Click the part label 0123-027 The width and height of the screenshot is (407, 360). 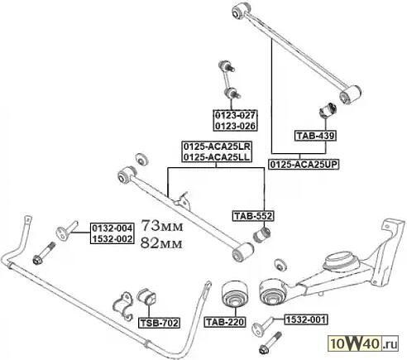(235, 115)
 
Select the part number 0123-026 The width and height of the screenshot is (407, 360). (235, 126)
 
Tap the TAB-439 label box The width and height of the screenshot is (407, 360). (315, 136)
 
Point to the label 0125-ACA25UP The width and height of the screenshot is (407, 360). (304, 165)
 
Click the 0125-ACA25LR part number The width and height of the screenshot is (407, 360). (217, 146)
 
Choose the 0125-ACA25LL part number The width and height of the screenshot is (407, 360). (217, 157)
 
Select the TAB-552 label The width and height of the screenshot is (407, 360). (253, 216)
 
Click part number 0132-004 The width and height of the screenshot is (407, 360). (113, 228)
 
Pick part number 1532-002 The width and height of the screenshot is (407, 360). (113, 239)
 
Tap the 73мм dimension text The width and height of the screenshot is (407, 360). (162, 226)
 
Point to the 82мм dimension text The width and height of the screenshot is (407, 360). (161, 243)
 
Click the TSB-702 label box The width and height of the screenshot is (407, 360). (159, 323)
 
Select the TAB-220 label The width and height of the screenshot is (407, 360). (225, 322)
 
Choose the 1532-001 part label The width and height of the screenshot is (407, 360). (306, 319)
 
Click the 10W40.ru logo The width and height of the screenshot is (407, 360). (364, 343)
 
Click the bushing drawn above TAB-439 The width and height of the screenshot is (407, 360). (328, 110)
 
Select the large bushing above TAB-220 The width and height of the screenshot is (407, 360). (235, 294)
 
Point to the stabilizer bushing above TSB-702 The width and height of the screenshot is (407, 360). (146, 297)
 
